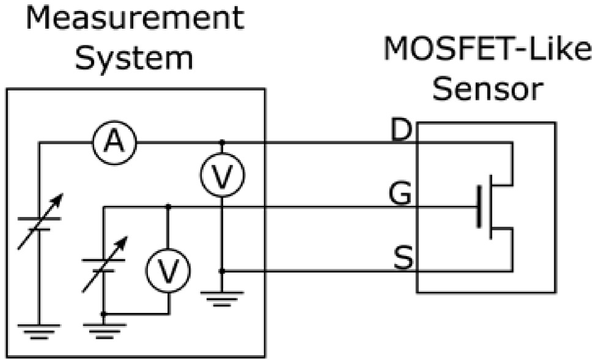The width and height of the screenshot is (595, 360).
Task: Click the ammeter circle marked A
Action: [113, 142]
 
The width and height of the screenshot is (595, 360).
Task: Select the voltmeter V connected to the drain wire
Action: [222, 175]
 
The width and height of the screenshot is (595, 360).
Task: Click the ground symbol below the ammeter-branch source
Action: [39, 330]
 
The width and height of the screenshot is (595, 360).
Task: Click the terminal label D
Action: [402, 131]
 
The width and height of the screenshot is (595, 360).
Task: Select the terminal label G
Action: [402, 195]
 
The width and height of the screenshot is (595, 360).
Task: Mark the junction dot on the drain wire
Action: [222, 142]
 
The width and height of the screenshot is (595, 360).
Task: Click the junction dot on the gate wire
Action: [168, 207]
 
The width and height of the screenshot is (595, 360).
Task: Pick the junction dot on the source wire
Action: [222, 270]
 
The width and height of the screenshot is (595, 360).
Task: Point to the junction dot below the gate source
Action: [104, 314]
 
